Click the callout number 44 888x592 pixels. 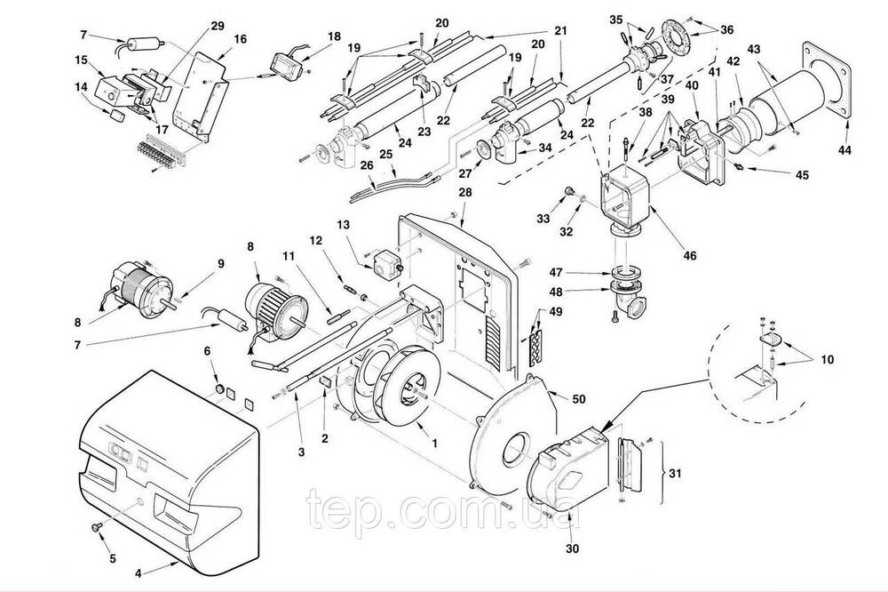[845, 149]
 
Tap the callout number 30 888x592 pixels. [573, 548]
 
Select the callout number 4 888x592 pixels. [139, 573]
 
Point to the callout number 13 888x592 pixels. [344, 225]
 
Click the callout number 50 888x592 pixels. [578, 399]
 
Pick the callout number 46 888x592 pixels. [690, 256]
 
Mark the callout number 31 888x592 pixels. [675, 473]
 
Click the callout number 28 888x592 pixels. [465, 192]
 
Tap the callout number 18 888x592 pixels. [334, 36]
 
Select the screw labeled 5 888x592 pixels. [96, 527]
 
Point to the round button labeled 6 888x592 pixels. [219, 388]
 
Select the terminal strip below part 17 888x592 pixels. [162, 150]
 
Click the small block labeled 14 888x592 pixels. [117, 116]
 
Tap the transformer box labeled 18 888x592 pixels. [284, 63]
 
